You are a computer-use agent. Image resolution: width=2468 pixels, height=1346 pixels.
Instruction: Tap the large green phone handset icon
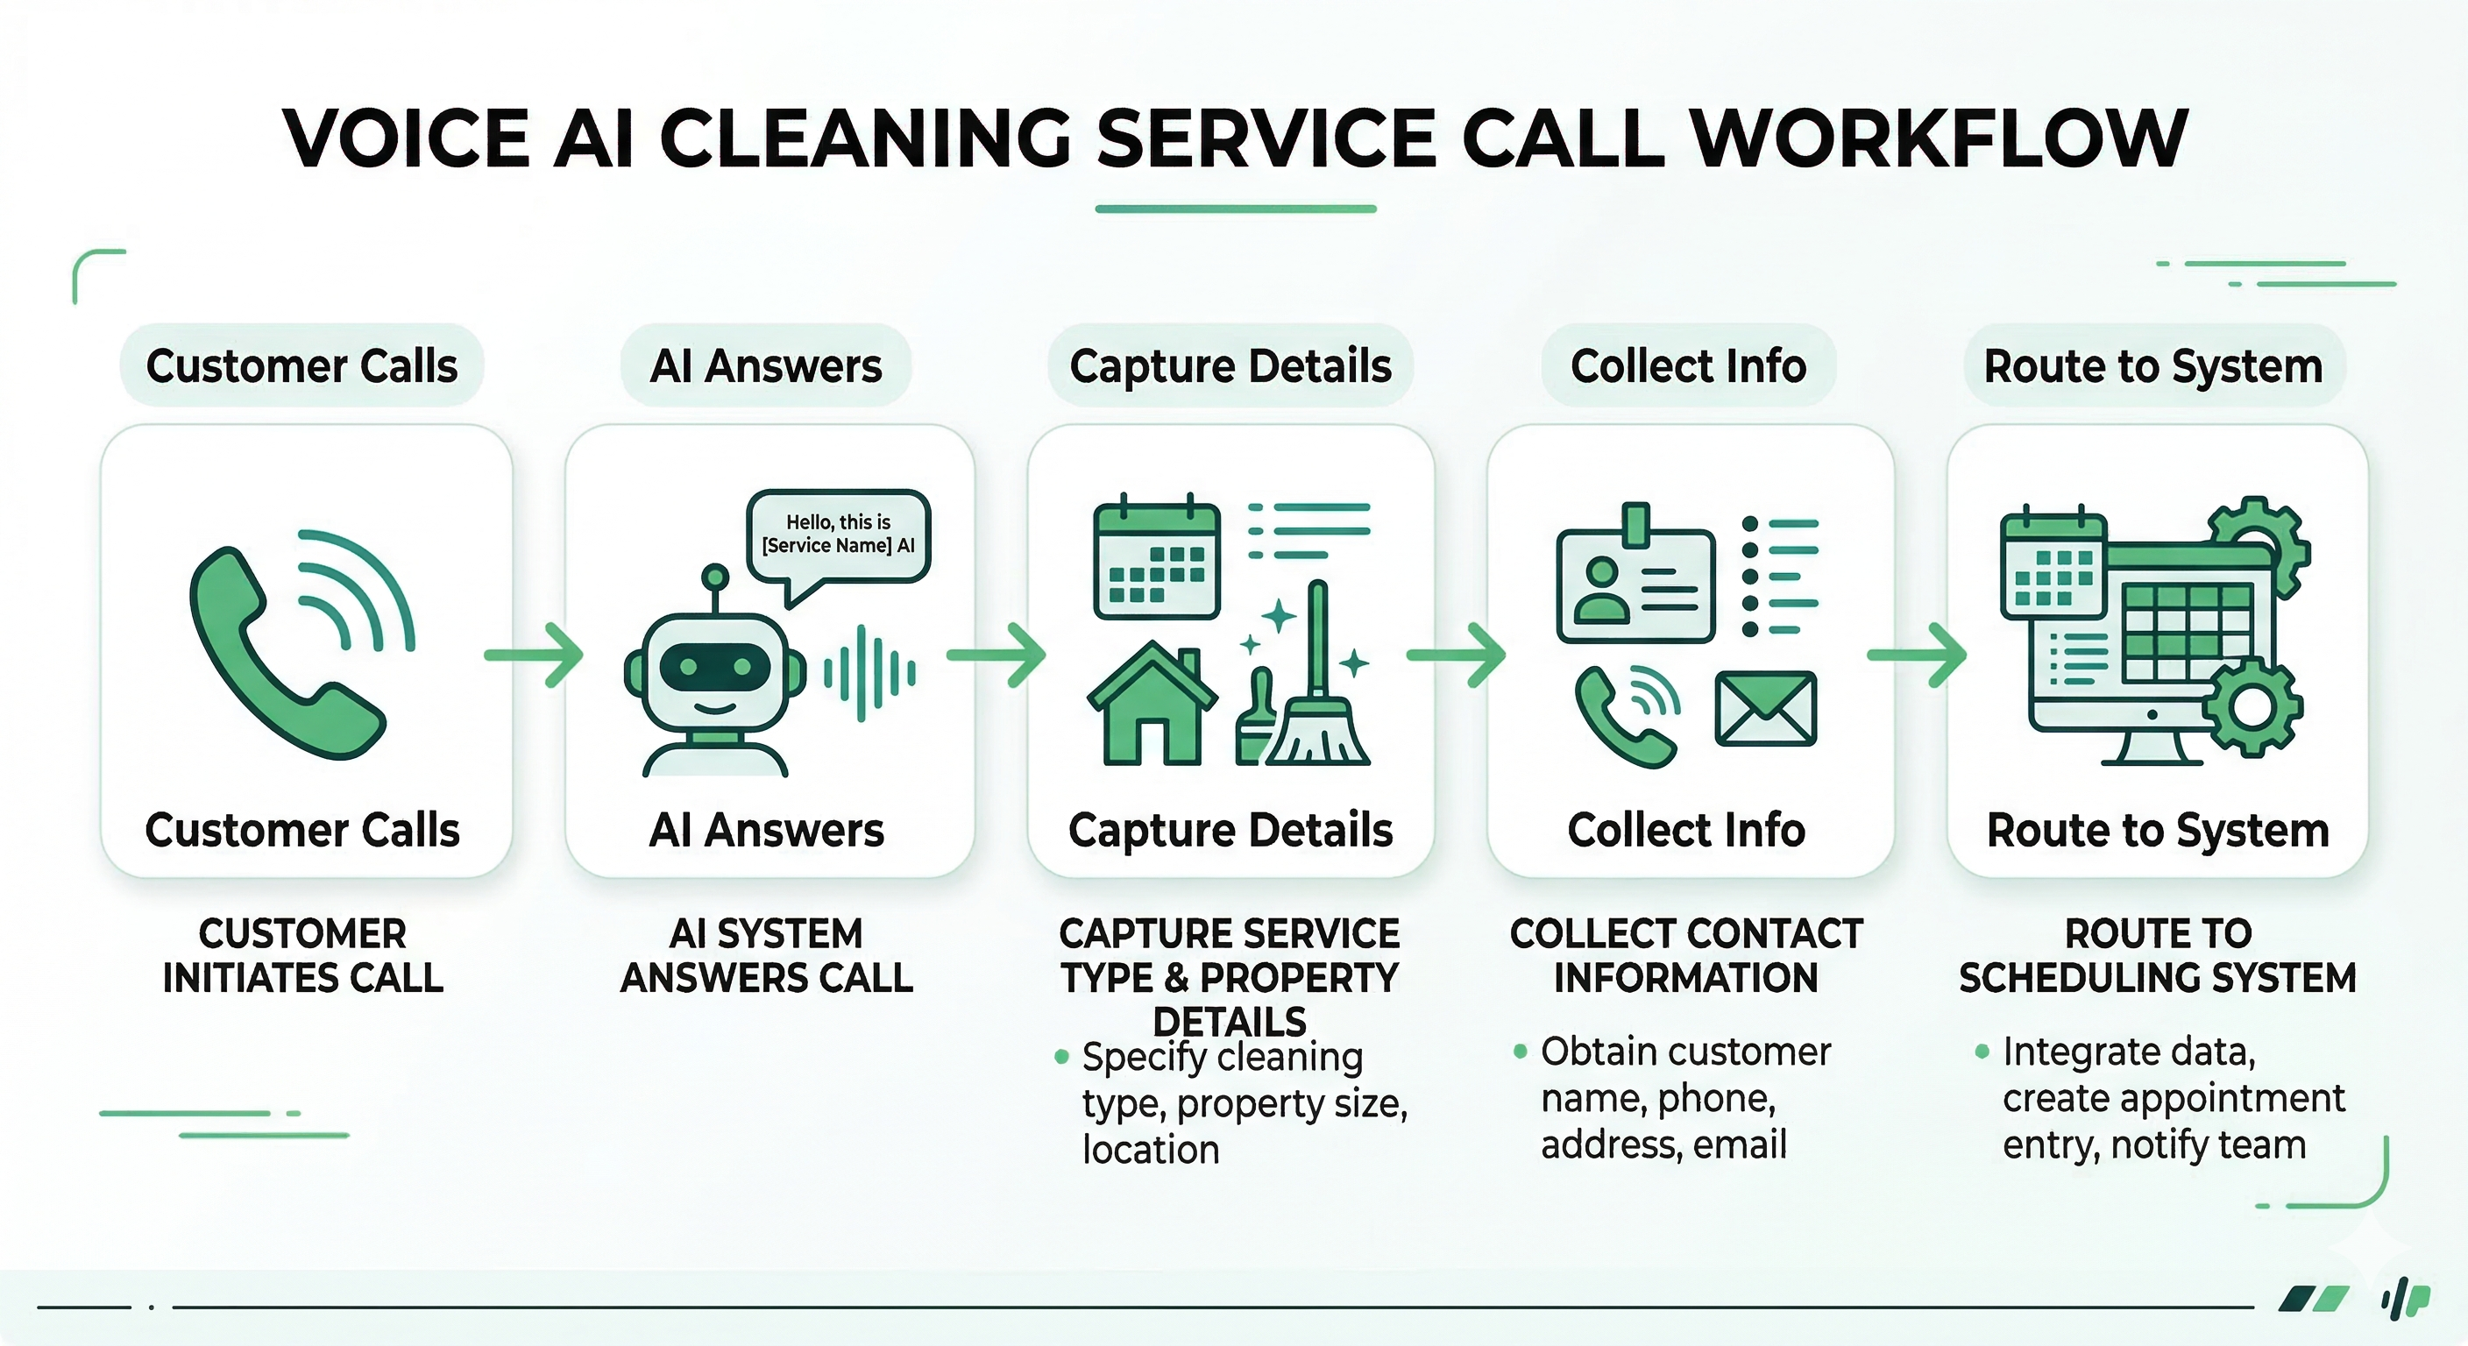click(x=278, y=661)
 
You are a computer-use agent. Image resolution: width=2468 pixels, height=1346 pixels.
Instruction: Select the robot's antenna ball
click(x=715, y=577)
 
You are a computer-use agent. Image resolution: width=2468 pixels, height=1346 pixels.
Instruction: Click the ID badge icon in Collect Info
click(x=1635, y=584)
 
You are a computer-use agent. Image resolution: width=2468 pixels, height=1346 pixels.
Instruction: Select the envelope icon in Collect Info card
click(x=1765, y=709)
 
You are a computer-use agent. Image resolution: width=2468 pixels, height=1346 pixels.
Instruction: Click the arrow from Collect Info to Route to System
click(x=1916, y=655)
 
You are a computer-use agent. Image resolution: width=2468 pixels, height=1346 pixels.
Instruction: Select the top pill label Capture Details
click(x=1230, y=366)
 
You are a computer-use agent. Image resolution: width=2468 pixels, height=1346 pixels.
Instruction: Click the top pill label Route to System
click(x=2152, y=366)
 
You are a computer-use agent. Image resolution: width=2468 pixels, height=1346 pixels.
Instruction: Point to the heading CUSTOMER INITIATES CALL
click(x=302, y=955)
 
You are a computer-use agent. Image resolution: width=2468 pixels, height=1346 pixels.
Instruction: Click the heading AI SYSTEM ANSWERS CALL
click(x=767, y=955)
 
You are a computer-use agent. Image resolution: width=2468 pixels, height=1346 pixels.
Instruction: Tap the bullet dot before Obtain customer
click(x=1520, y=1052)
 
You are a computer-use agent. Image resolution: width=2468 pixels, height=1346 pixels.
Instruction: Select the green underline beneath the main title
click(x=1235, y=208)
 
